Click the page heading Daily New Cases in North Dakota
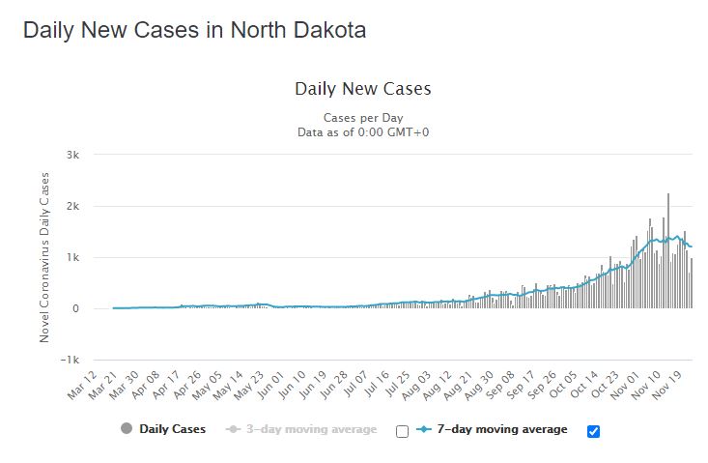tap(194, 30)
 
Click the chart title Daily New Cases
tap(362, 89)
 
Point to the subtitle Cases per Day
tap(362, 117)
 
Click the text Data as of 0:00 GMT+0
tap(362, 131)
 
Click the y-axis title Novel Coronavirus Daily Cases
tap(44, 257)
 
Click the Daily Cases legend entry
tap(163, 429)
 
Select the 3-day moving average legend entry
tap(301, 429)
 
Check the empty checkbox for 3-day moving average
tap(402, 430)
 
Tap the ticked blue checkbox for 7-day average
tap(593, 430)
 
